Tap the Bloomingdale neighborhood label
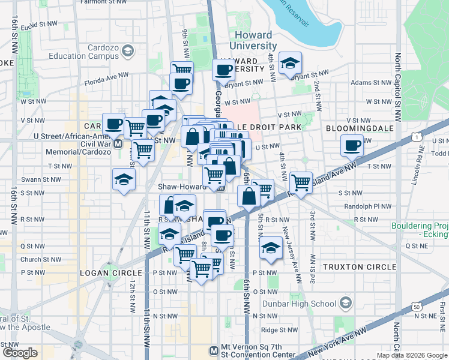pyautogui.click(x=359, y=128)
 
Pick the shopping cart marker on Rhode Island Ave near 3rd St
pyautogui.click(x=301, y=181)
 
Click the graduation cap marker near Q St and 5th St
pyautogui.click(x=271, y=247)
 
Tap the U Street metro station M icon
pyautogui.click(x=118, y=144)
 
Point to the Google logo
pyautogui.click(x=20, y=353)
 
